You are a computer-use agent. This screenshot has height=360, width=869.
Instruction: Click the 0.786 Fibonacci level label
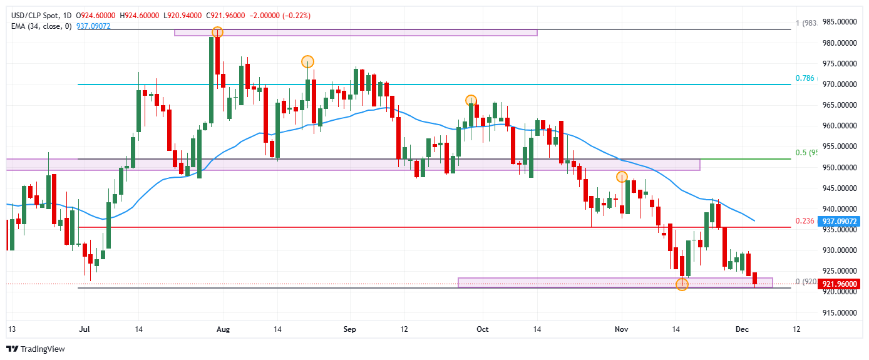[805, 78]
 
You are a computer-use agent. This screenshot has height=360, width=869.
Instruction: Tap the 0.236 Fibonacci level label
[805, 221]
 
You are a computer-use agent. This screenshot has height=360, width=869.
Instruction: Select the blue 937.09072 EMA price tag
[839, 221]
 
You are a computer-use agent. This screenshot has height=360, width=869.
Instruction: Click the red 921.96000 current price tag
[839, 284]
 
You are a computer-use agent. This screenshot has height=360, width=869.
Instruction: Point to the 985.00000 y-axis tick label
[839, 23]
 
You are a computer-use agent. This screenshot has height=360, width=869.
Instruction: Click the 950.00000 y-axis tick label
[839, 168]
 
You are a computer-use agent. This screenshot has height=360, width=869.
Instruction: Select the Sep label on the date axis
[351, 328]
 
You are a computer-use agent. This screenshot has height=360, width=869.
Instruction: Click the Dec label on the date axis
[742, 328]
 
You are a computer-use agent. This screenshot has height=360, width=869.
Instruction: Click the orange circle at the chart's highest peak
[217, 32]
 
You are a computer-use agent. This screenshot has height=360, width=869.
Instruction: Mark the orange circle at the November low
[682, 284]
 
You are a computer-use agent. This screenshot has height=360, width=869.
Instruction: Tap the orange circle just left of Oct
[471, 100]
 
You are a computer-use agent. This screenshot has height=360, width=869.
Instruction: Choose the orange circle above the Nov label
[622, 177]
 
